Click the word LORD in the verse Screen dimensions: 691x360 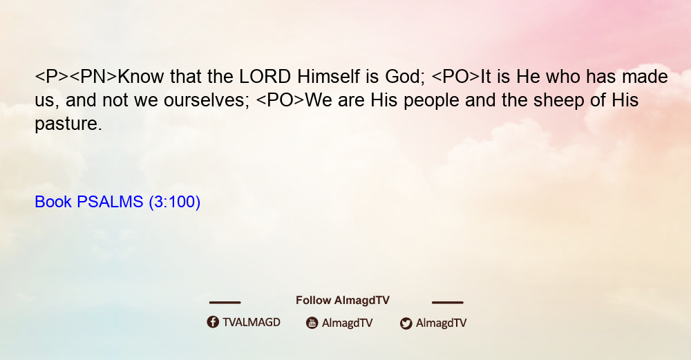pyautogui.click(x=265, y=77)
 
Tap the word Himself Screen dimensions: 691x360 pyautogui.click(x=328, y=77)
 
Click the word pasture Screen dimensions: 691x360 pyautogui.click(x=68, y=124)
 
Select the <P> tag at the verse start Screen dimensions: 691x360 pyautogui.click(x=52, y=77)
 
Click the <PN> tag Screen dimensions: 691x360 pyautogui.click(x=93, y=77)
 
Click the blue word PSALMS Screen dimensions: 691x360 pyautogui.click(x=110, y=202)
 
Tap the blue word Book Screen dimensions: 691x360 pyautogui.click(x=53, y=202)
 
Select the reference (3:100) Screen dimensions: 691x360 pyautogui.click(x=175, y=202)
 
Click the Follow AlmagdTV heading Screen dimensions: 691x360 pyautogui.click(x=343, y=301)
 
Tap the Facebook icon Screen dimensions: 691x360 pyautogui.click(x=213, y=322)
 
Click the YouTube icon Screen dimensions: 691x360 pyautogui.click(x=312, y=323)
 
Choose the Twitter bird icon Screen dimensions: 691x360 pyautogui.click(x=406, y=323)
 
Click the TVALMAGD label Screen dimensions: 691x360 pyautogui.click(x=252, y=323)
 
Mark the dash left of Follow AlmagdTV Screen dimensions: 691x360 pyautogui.click(x=225, y=303)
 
